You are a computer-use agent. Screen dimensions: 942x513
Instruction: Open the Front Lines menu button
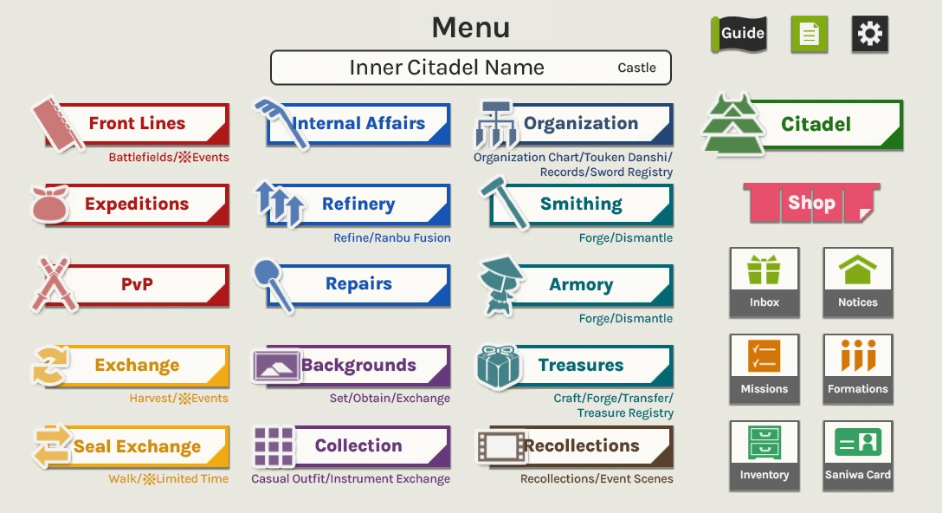click(137, 124)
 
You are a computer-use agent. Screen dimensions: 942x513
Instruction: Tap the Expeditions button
click(137, 205)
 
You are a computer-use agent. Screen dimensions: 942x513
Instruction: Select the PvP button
click(137, 284)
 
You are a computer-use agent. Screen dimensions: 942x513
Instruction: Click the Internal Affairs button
click(358, 124)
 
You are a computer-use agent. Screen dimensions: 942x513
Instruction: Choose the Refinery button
click(358, 205)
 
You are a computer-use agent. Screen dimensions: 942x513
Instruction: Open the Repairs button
click(358, 284)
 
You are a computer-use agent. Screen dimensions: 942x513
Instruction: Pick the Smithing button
click(581, 205)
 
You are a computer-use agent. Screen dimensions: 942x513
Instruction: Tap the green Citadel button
click(815, 124)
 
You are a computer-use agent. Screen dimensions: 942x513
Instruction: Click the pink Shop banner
click(811, 204)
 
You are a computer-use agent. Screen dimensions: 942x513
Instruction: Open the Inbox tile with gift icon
click(765, 282)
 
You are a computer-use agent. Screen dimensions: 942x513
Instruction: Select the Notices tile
click(858, 282)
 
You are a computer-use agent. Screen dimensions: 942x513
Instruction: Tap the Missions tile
click(765, 368)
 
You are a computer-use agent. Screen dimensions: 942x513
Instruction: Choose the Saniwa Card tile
click(858, 455)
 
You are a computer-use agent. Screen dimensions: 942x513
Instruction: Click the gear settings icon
click(869, 34)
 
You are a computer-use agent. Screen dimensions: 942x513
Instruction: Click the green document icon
click(810, 34)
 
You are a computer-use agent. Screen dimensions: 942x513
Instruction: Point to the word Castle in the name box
click(636, 68)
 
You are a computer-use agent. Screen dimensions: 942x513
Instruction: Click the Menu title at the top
click(471, 28)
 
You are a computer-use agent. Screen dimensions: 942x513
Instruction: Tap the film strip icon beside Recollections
click(501, 446)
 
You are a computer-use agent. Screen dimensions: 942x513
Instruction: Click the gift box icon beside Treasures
click(500, 367)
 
